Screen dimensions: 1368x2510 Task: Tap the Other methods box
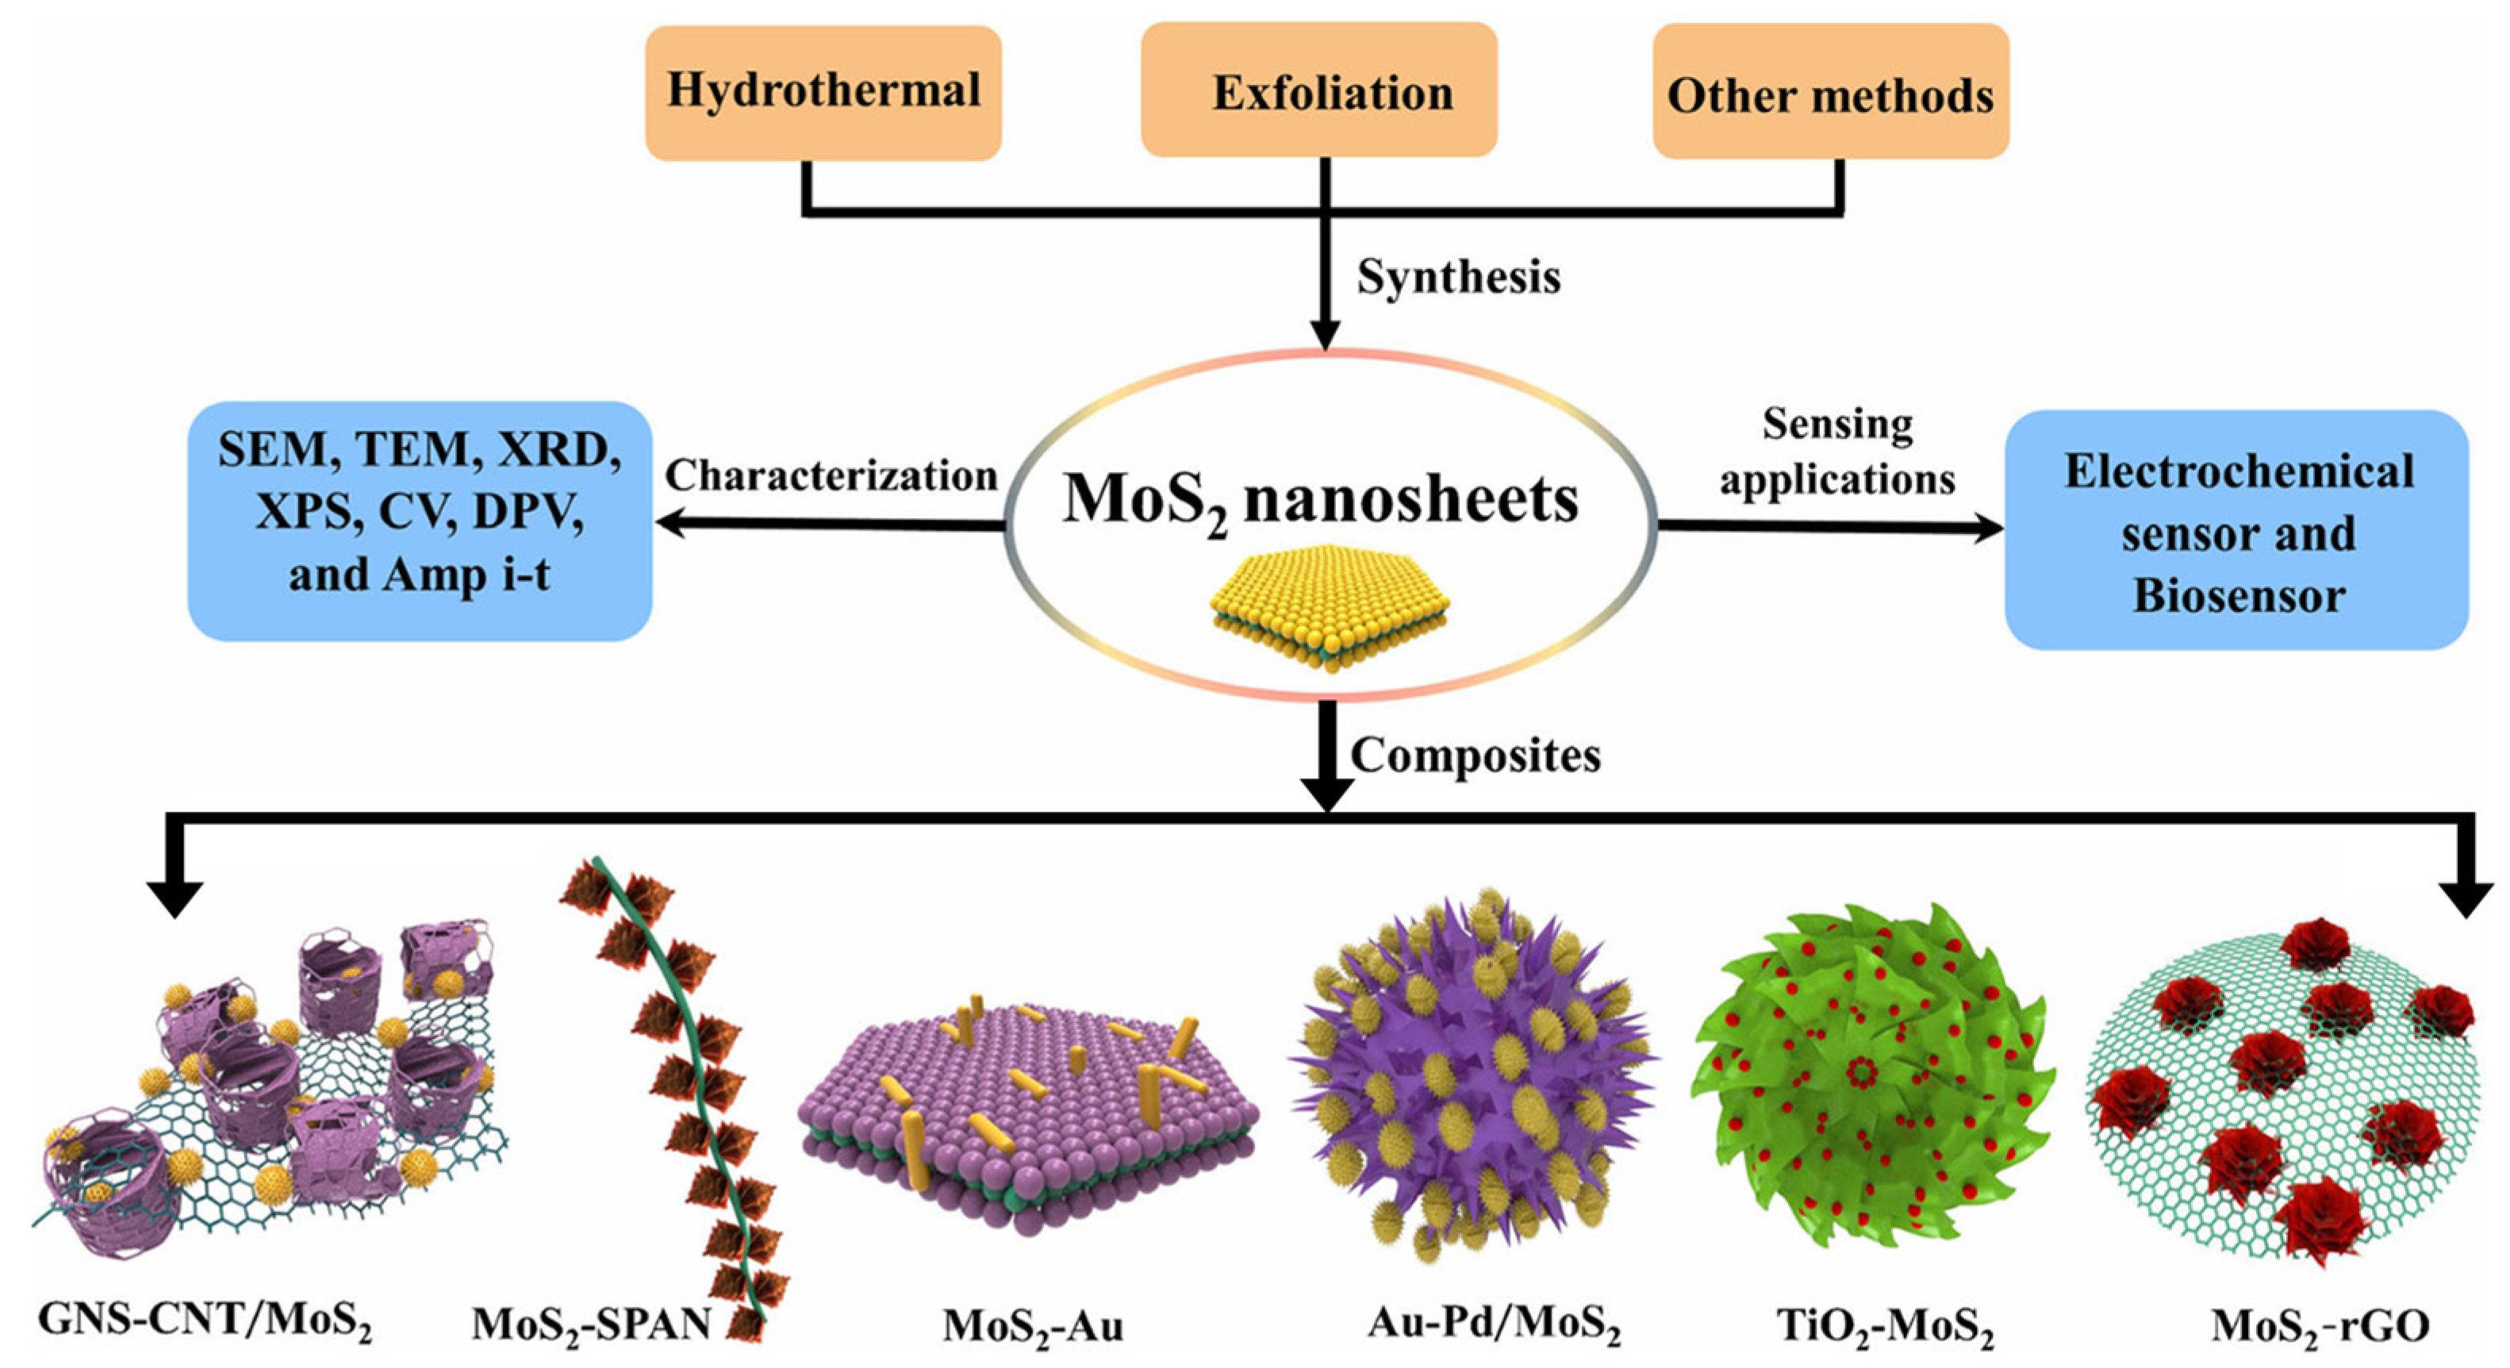coord(1830,94)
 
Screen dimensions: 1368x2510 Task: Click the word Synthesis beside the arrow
coord(1459,277)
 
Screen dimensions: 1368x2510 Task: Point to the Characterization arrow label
coord(831,475)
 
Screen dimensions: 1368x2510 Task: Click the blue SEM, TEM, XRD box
coord(420,521)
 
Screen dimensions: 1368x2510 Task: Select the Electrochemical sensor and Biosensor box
coord(2237,531)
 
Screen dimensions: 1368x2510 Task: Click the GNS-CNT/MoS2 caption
coord(205,1321)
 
